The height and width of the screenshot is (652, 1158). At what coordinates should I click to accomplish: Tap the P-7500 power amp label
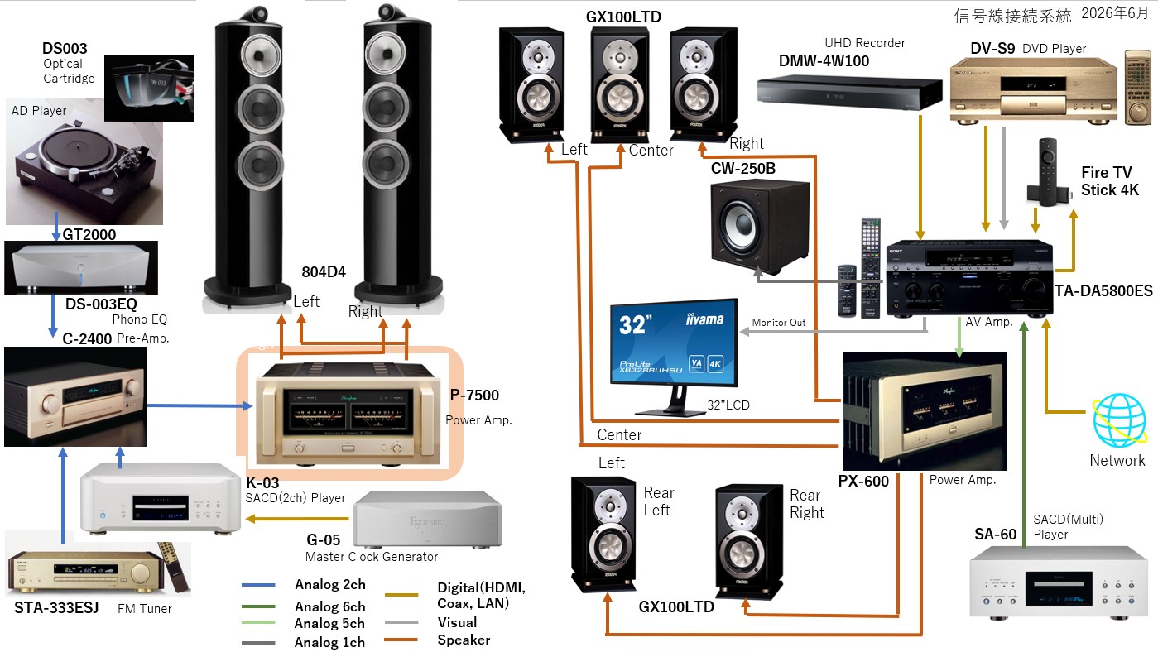[474, 396]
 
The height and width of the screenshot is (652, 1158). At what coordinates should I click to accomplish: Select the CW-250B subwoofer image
[759, 228]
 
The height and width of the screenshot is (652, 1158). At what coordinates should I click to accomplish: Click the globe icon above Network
[1119, 420]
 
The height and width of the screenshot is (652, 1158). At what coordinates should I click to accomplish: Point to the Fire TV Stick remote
[1048, 172]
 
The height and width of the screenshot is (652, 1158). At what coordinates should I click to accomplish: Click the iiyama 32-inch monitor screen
[674, 342]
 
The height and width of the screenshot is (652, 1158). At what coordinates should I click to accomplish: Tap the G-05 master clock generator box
[427, 519]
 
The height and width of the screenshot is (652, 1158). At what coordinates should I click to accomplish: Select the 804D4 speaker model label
[324, 271]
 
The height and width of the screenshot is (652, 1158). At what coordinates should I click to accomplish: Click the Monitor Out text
[779, 323]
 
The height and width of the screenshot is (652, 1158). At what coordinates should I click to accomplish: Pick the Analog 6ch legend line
[258, 606]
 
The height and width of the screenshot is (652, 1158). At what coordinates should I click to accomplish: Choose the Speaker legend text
[464, 640]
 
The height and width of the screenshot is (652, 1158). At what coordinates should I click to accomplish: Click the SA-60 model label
[995, 534]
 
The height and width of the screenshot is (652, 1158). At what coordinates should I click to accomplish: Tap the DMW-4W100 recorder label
[824, 61]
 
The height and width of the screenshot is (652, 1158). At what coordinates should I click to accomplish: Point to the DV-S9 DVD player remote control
[1138, 87]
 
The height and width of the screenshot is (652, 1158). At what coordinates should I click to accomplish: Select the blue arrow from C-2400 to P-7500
[200, 405]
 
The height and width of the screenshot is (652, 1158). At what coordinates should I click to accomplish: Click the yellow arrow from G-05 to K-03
[297, 518]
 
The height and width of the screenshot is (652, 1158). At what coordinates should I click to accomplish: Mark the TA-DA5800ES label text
[1103, 291]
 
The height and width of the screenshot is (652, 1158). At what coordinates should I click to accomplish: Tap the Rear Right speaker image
[749, 541]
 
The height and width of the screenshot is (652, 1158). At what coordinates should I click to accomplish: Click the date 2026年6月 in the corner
[1115, 13]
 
